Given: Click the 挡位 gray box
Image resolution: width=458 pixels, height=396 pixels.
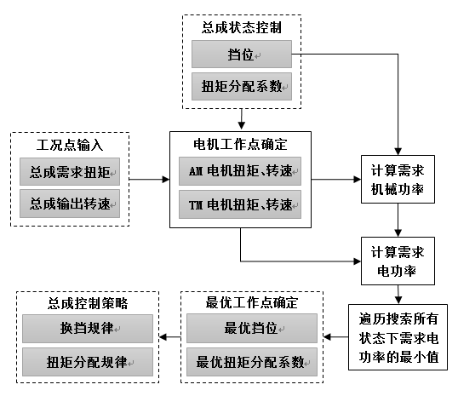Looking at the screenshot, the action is pyautogui.click(x=242, y=54).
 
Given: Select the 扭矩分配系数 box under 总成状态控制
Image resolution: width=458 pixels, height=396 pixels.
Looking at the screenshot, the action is pyautogui.click(x=242, y=87).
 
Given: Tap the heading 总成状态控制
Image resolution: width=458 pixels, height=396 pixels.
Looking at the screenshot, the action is pyautogui.click(x=242, y=28).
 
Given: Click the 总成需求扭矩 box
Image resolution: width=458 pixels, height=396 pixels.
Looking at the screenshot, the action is pyautogui.click(x=70, y=171).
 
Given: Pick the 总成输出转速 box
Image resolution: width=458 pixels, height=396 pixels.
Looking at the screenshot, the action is pyautogui.click(x=70, y=204).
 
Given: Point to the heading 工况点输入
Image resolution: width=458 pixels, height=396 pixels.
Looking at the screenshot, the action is pyautogui.click(x=70, y=145).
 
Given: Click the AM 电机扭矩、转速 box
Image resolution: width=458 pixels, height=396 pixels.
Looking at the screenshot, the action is pyautogui.click(x=240, y=171).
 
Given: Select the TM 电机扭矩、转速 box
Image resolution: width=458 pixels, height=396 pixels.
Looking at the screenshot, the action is pyautogui.click(x=240, y=204).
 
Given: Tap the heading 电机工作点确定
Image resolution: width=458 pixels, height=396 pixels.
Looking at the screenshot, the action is pyautogui.click(x=240, y=145).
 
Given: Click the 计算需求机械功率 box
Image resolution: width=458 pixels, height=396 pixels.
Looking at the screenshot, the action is pyautogui.click(x=398, y=179).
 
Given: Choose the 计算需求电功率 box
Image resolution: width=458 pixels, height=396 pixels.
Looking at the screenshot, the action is pyautogui.click(x=398, y=261).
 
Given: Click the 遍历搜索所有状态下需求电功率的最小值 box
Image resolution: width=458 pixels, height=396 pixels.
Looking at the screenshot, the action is pyautogui.click(x=398, y=337).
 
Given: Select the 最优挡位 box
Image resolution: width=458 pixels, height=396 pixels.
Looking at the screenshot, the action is pyautogui.click(x=252, y=328).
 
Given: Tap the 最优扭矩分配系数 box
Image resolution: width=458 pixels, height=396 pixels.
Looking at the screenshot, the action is pyautogui.click(x=252, y=362).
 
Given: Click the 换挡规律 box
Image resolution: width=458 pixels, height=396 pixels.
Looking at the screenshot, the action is pyautogui.click(x=88, y=329).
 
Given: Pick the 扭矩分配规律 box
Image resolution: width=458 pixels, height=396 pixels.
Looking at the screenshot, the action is pyautogui.click(x=88, y=362).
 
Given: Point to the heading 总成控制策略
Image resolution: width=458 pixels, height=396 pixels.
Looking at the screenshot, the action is pyautogui.click(x=88, y=303).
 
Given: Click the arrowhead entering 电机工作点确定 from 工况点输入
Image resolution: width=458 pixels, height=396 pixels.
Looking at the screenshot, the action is pyautogui.click(x=166, y=179).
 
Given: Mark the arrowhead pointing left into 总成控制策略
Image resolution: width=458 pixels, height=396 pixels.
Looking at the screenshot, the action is pyautogui.click(x=163, y=337).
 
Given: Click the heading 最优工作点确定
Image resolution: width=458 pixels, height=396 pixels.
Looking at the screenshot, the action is pyautogui.click(x=252, y=303).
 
